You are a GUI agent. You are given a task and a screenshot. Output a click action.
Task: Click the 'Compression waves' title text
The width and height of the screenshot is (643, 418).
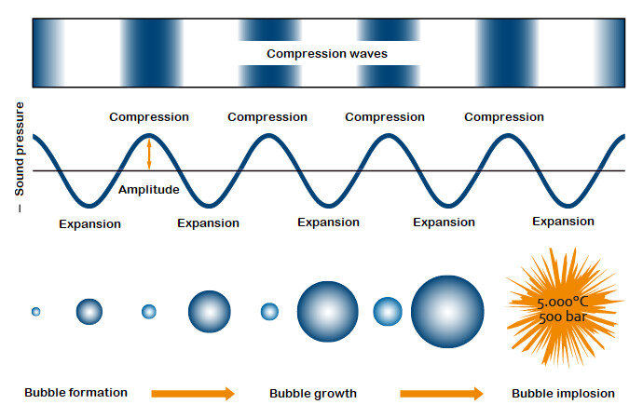pyautogui.click(x=327, y=54)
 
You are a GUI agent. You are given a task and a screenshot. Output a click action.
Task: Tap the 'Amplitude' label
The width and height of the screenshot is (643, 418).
pyautogui.click(x=149, y=189)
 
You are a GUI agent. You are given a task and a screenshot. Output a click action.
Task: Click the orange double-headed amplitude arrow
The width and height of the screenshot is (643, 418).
pyautogui.click(x=149, y=155)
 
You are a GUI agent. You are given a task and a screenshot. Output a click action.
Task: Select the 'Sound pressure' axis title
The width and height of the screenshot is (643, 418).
pyautogui.click(x=20, y=149)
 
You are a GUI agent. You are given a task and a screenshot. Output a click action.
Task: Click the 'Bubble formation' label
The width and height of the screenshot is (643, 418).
pyautogui.click(x=75, y=393)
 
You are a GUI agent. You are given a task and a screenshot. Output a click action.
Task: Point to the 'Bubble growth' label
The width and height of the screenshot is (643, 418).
pyautogui.click(x=313, y=394)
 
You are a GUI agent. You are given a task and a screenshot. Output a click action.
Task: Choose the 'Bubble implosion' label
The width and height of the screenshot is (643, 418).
pyautogui.click(x=563, y=394)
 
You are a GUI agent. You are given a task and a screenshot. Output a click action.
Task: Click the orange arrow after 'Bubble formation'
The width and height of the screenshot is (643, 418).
pyautogui.click(x=193, y=394)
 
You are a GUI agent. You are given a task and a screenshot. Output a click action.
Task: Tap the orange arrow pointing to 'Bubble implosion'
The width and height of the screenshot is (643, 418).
pyautogui.click(x=442, y=394)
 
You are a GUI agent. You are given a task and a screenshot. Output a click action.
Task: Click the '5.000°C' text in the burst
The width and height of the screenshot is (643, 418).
pyautogui.click(x=563, y=303)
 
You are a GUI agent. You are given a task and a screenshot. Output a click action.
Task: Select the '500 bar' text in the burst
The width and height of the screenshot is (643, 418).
pyautogui.click(x=563, y=317)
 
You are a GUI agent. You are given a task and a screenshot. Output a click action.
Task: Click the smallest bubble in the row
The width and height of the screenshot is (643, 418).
pyautogui.click(x=36, y=312)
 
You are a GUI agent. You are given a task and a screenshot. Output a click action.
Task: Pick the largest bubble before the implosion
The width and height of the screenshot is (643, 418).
pyautogui.click(x=447, y=312)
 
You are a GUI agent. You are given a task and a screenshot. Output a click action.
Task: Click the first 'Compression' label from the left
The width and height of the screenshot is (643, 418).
pyautogui.click(x=149, y=117)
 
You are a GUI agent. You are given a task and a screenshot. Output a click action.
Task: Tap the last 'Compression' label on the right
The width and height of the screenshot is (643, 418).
pyautogui.click(x=504, y=117)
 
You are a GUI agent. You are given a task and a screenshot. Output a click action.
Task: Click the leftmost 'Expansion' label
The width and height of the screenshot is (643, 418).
pyautogui.click(x=89, y=224)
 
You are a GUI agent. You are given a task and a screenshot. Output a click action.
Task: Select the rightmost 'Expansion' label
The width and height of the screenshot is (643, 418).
pyautogui.click(x=563, y=222)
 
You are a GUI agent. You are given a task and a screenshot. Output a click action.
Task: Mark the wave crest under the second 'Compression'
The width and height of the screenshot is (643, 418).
pyautogui.click(x=268, y=136)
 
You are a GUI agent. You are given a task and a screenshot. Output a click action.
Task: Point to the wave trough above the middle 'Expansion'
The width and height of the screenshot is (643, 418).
pyautogui.click(x=328, y=206)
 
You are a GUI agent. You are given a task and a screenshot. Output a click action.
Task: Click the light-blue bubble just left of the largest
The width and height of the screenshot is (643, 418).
pyautogui.click(x=388, y=312)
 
